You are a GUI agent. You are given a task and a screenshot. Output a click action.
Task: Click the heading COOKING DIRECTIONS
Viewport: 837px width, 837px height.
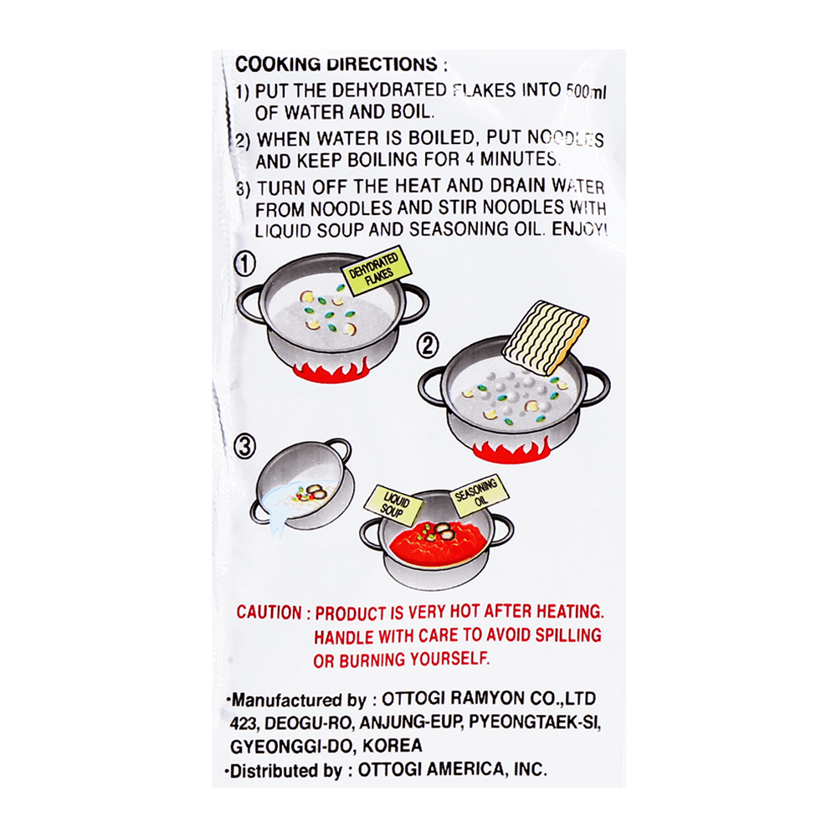[336, 64]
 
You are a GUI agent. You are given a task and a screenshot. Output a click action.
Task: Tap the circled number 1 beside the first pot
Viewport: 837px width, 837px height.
[245, 264]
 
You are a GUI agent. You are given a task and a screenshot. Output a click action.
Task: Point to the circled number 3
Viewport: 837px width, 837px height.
[245, 447]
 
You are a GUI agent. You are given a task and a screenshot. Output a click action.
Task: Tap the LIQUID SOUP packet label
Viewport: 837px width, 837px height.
[393, 505]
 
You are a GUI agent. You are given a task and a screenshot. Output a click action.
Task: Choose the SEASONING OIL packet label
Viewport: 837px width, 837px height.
[478, 495]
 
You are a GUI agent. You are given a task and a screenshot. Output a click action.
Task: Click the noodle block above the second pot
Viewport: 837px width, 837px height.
[546, 337]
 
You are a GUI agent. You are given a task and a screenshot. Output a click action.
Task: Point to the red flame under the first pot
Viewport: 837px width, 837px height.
[331, 369]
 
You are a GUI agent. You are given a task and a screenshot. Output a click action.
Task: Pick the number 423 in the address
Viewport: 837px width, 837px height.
[244, 723]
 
